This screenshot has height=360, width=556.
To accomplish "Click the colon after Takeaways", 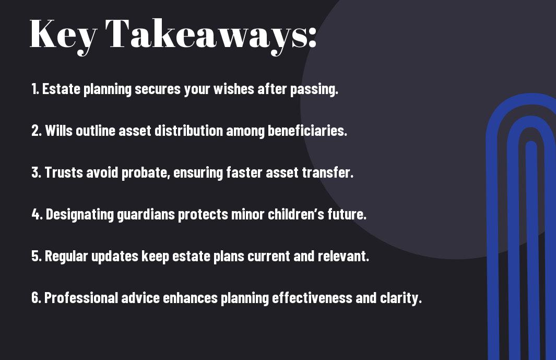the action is [x=312, y=37].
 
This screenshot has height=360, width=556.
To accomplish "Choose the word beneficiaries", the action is [x=307, y=130].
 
